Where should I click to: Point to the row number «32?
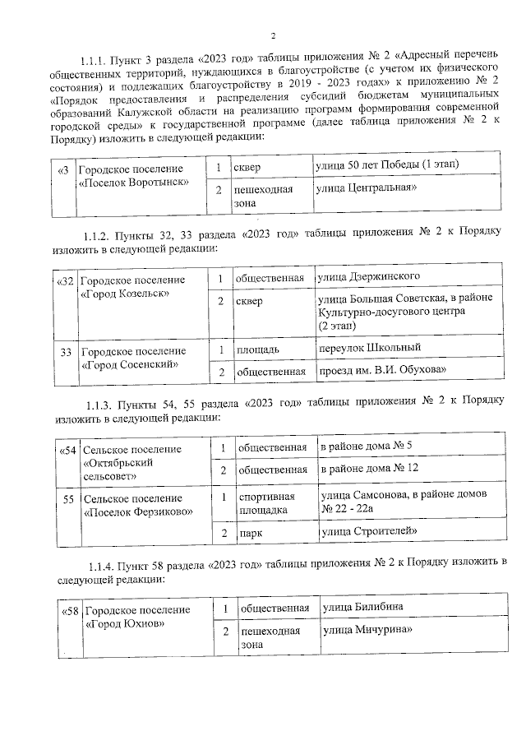[x=63, y=280]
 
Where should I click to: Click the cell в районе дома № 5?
[x=367, y=446]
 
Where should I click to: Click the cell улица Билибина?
[x=365, y=608]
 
